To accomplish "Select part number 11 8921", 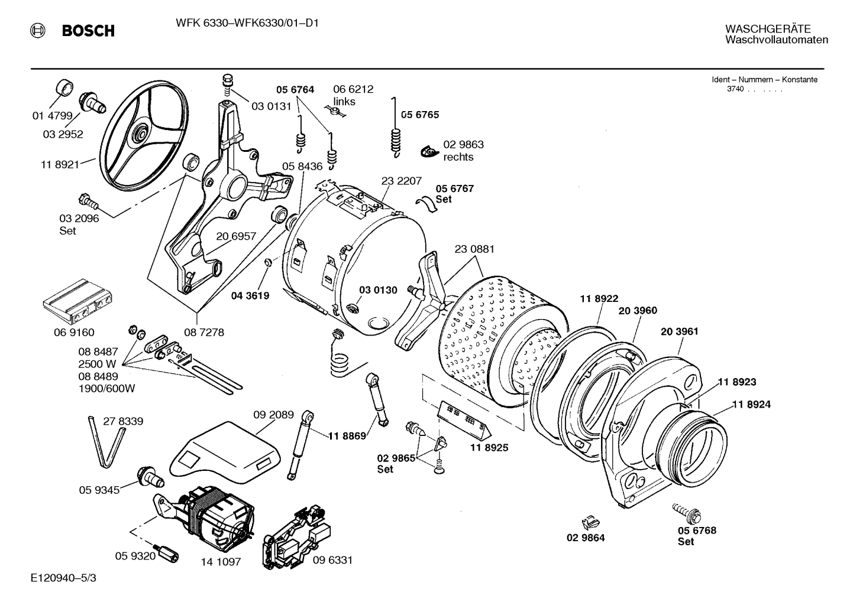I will pos(59,165).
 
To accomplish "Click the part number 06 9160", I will pos(74,333).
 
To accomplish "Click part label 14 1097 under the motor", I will pos(221,562).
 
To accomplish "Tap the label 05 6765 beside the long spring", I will pos(420,115).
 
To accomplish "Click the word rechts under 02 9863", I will pos(458,157).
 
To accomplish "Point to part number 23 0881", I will pos(474,249).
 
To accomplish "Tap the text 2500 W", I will pos(97,364).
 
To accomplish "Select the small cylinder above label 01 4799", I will pos(64,87).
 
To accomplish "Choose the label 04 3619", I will pos(250,295).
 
